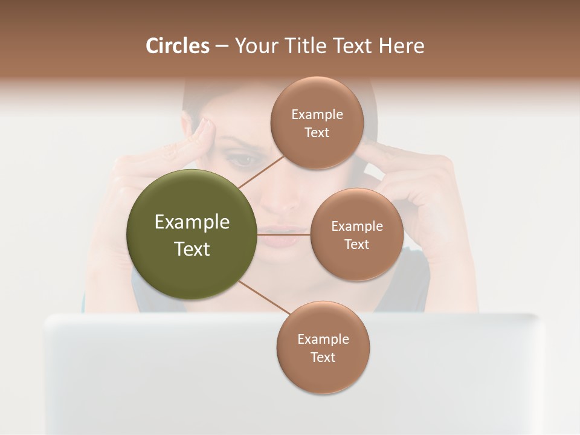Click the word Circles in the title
(177, 46)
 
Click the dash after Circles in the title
(222, 47)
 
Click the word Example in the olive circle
(192, 222)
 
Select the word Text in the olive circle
(192, 249)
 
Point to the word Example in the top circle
(317, 115)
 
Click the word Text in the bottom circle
(323, 358)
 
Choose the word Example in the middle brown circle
(357, 227)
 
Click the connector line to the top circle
(261, 170)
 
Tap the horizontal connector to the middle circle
(284, 234)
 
